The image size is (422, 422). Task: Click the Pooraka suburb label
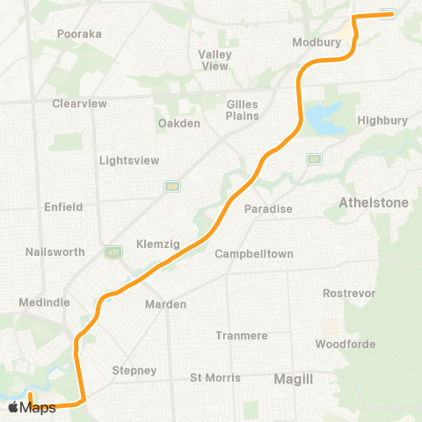pos(79,33)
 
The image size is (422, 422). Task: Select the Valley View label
pos(215,60)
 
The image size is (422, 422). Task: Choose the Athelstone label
pos(374,203)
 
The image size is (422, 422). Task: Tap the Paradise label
pos(268,209)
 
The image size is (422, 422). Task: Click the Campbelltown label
pos(254,254)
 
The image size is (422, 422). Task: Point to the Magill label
pos(294,378)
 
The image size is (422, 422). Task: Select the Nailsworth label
pos(55,252)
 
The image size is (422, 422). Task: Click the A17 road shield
pos(109,251)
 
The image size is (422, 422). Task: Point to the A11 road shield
pos(313,159)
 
